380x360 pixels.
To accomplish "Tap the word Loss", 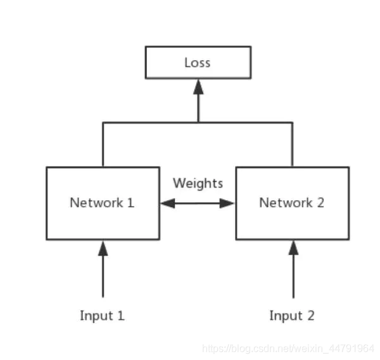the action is tap(198, 63).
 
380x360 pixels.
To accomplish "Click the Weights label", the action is tap(198, 183).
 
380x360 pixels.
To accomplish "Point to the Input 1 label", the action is tap(102, 316).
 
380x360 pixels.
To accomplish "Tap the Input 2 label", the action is tap(292, 316).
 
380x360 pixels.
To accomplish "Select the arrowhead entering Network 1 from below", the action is tap(103, 248).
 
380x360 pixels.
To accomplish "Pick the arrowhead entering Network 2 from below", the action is tap(293, 248).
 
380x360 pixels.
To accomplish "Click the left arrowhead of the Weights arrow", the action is tap(168, 203).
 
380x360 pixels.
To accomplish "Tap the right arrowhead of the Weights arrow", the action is tap(227, 203).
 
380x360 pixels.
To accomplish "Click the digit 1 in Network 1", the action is tap(131, 203).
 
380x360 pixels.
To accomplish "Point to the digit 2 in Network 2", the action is tap(320, 203).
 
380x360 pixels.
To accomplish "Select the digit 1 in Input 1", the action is tap(121, 316).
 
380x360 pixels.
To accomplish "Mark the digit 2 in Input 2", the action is tap(311, 316).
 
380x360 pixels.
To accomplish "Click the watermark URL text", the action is tap(288, 349).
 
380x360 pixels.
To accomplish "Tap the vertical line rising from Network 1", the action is tap(103, 145).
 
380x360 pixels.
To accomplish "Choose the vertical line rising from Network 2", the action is tap(292, 145).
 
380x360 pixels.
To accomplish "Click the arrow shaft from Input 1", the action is tap(103, 276).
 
